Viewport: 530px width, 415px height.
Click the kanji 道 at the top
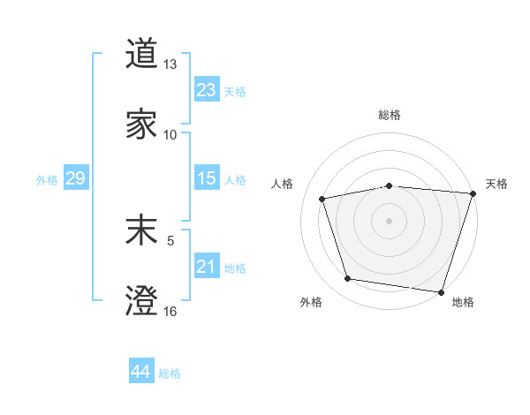pos(141,55)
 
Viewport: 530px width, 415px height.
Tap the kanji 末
pos(141,231)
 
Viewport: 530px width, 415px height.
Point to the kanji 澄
pos(141,301)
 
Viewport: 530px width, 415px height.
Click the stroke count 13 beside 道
pos(170,64)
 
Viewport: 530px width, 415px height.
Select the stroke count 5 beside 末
pos(170,239)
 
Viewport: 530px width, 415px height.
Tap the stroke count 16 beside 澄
pos(170,311)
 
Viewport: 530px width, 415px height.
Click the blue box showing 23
pos(206,90)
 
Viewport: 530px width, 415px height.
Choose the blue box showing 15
pos(206,179)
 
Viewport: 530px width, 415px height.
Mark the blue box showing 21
pos(206,268)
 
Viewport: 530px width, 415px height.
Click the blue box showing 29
pos(75,179)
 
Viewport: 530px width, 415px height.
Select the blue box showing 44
pos(140,373)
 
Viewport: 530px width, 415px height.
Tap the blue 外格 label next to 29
pos(47,180)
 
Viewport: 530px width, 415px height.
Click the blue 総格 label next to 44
pos(170,373)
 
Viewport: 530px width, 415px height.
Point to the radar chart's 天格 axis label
pos(496,184)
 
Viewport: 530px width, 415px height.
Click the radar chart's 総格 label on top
pos(389,115)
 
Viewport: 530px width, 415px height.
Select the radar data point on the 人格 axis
pos(323,199)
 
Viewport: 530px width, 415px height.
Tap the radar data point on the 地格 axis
pos(441,291)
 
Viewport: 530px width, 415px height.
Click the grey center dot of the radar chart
pos(389,220)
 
